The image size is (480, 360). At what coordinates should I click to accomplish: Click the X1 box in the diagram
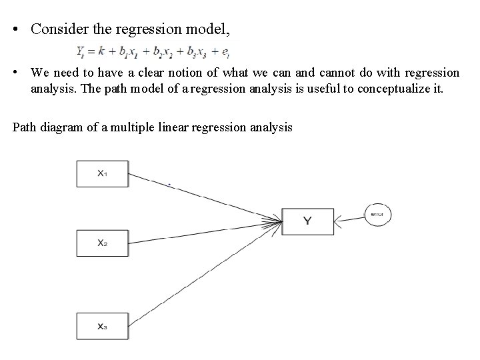(x=101, y=173)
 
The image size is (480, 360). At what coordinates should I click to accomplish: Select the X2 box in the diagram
(x=101, y=243)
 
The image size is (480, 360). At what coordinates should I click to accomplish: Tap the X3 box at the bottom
(x=101, y=326)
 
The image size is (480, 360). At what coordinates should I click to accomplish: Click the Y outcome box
(x=307, y=221)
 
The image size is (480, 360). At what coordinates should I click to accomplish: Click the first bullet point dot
(x=15, y=29)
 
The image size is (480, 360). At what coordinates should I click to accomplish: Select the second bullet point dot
(x=15, y=73)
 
